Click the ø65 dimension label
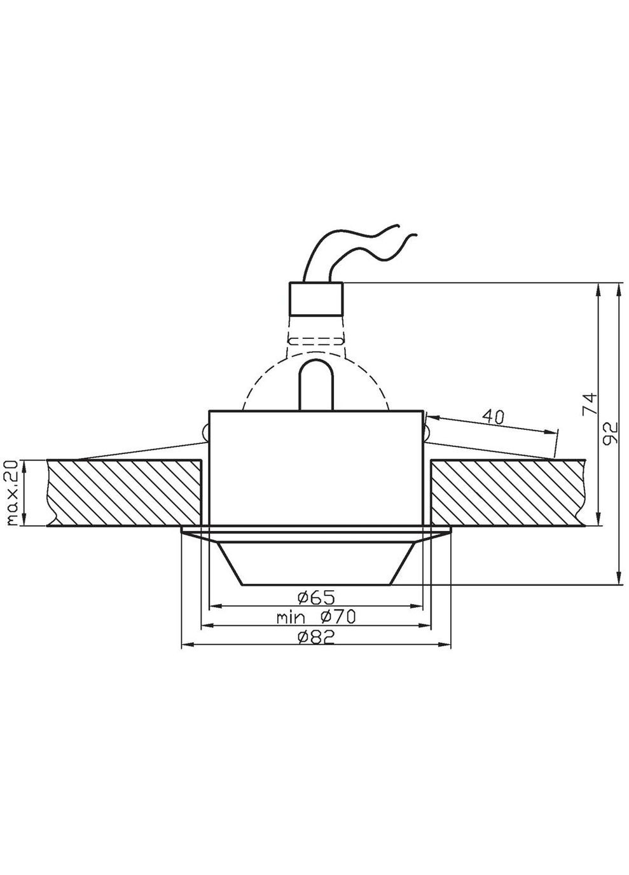tap(315, 597)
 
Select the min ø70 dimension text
tap(315, 616)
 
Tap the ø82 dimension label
tap(315, 637)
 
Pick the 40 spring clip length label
tap(493, 417)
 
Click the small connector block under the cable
tap(316, 299)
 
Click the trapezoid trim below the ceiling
tap(316, 563)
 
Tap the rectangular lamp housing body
tap(316, 467)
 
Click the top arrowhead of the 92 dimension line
tap(618, 287)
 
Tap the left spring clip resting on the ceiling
tap(140, 448)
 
